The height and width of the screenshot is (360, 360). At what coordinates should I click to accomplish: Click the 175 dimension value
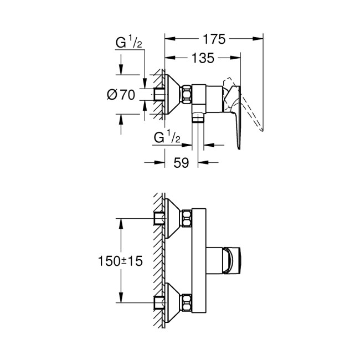(x=214, y=39)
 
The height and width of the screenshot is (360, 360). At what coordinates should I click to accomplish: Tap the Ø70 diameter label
(x=121, y=95)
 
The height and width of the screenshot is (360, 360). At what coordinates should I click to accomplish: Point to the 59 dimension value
(x=182, y=162)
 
